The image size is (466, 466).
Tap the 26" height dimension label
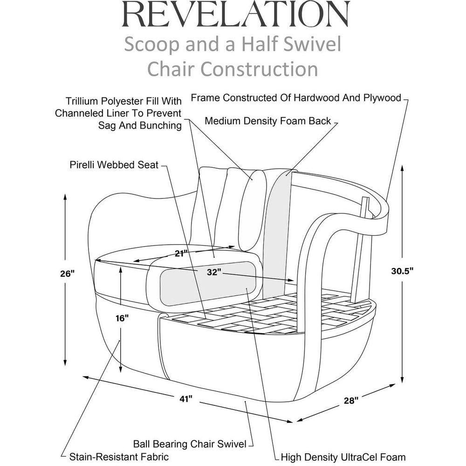point(67,274)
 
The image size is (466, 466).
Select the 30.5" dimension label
point(403,271)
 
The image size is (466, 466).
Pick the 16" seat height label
point(122,318)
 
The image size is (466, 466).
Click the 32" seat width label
point(214,272)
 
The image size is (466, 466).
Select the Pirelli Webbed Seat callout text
point(114,164)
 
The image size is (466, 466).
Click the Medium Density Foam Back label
point(268,121)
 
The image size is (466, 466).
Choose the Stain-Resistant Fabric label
point(119,457)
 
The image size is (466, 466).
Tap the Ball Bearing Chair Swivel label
point(190,444)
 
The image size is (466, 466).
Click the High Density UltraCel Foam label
point(343,457)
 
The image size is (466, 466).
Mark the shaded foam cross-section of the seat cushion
point(208,283)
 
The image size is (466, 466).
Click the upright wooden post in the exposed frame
point(359,250)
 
